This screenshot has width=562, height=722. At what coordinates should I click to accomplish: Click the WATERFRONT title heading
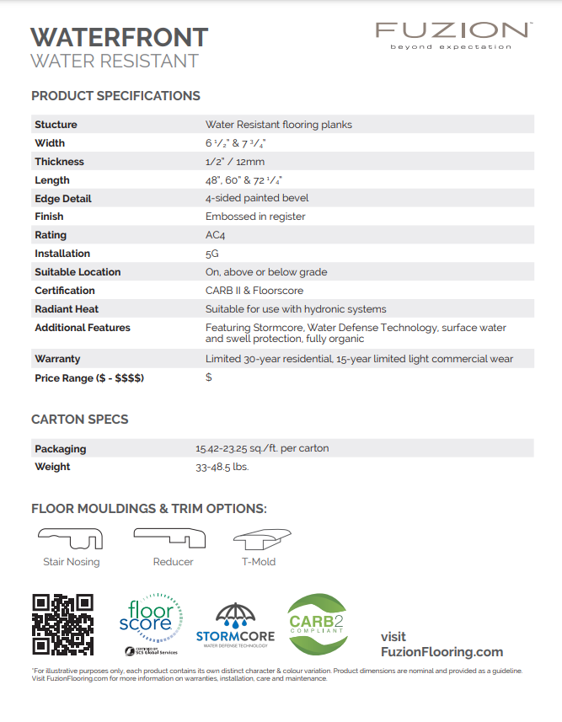(x=119, y=37)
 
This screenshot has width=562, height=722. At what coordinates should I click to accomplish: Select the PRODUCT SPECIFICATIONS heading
(x=115, y=96)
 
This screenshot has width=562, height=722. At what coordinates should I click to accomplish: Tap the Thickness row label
(x=60, y=162)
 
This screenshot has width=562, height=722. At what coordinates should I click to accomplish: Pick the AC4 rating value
(x=216, y=235)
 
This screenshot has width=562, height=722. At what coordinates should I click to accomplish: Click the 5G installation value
(x=212, y=254)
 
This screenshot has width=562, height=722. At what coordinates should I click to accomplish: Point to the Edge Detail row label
(x=63, y=199)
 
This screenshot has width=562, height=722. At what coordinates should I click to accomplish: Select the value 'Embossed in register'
(x=255, y=217)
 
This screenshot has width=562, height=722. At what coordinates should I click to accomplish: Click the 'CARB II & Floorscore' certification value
(x=254, y=291)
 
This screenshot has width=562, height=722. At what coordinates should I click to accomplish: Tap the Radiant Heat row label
(x=67, y=309)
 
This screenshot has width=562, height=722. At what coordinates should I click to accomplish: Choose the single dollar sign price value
(x=209, y=377)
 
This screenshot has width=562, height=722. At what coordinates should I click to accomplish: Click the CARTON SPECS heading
(x=80, y=420)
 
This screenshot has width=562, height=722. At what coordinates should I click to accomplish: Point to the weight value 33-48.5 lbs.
(x=222, y=467)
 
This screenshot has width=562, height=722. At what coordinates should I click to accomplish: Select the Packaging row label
(x=61, y=449)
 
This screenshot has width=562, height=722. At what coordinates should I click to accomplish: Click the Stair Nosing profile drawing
(x=71, y=538)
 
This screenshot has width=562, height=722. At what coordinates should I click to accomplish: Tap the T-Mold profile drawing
(x=258, y=539)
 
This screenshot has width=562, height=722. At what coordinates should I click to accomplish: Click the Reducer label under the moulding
(x=174, y=562)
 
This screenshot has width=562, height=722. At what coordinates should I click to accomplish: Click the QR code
(x=63, y=624)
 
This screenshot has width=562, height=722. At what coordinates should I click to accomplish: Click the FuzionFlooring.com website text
(x=442, y=652)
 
